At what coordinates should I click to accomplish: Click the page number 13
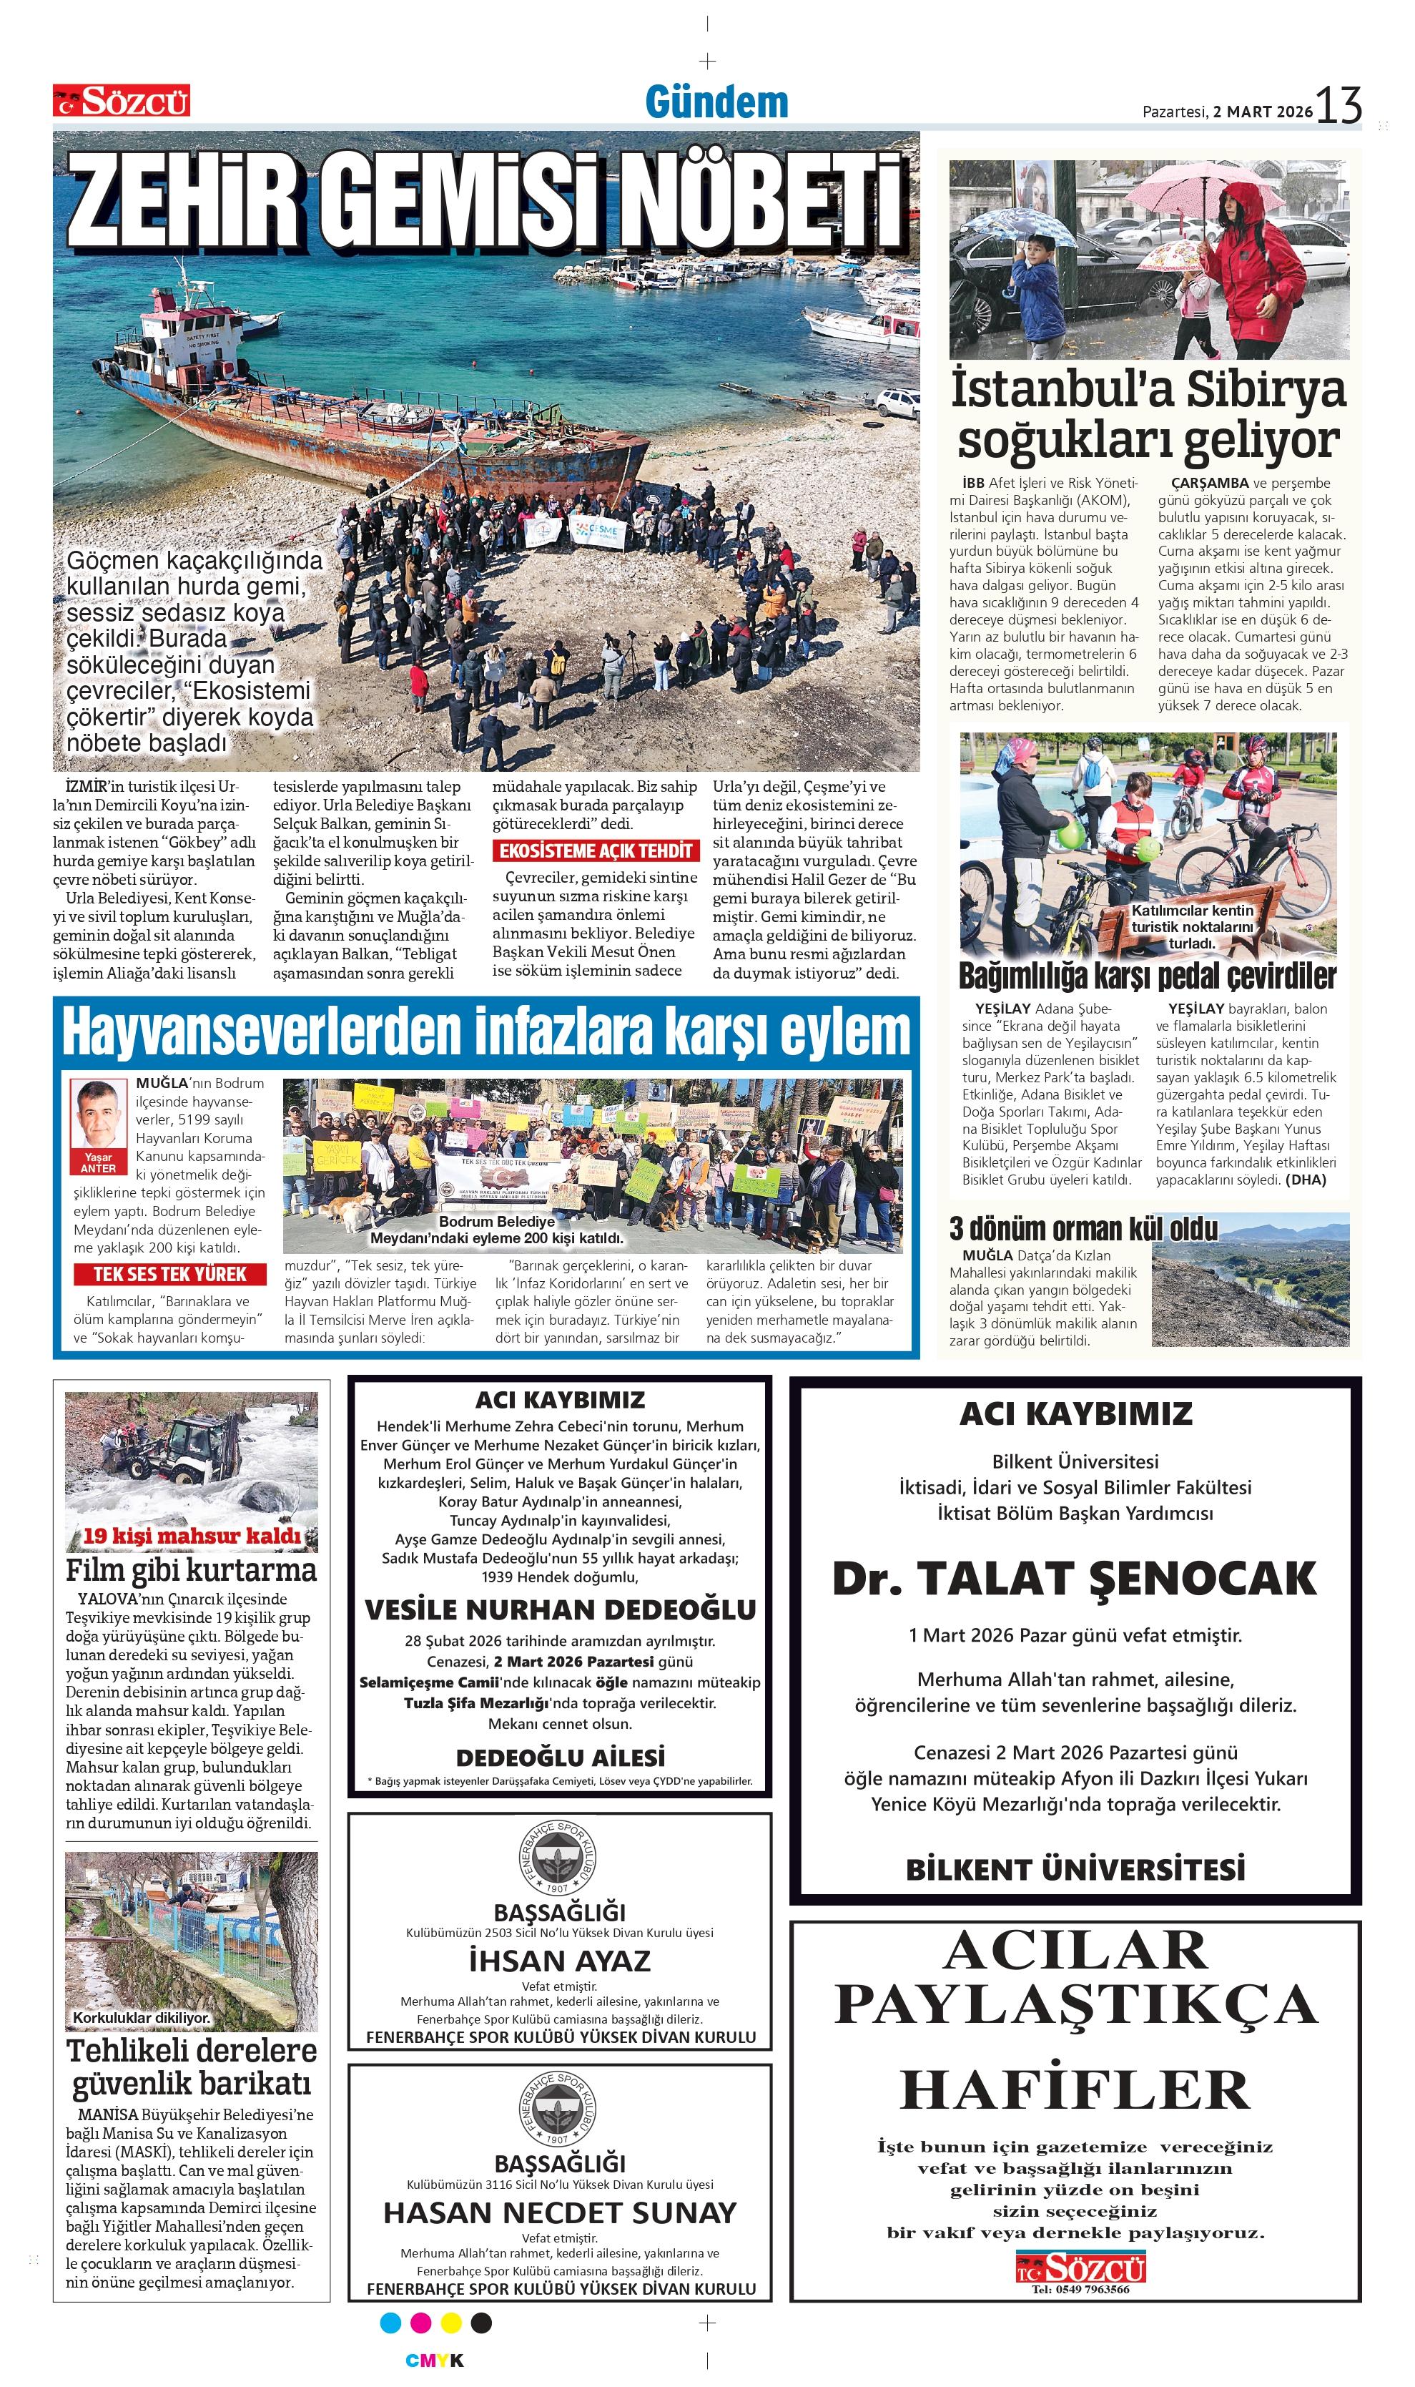[x=1340, y=105]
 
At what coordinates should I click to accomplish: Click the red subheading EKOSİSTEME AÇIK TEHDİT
[x=595, y=851]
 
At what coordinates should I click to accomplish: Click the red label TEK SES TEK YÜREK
[x=169, y=1274]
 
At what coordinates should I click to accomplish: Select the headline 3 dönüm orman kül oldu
[x=1083, y=1229]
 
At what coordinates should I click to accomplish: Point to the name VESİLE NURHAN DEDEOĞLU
[x=560, y=1609]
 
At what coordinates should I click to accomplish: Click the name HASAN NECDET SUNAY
[x=560, y=2212]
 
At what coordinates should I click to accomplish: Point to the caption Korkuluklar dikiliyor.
[x=141, y=2018]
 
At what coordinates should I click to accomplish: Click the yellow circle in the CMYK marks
[x=451, y=2323]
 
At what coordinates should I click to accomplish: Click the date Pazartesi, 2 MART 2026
[x=1227, y=112]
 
